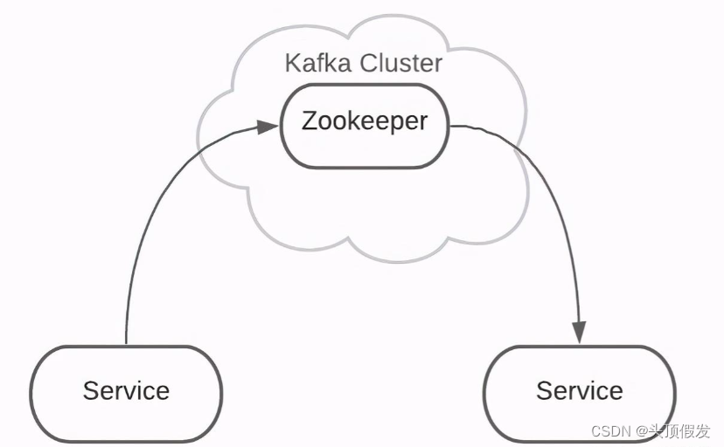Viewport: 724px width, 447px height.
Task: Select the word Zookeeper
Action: tap(364, 120)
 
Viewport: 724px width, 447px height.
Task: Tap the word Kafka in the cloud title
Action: tap(314, 64)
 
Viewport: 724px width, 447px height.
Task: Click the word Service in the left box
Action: tap(126, 390)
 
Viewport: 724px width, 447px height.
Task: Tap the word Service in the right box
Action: tap(579, 390)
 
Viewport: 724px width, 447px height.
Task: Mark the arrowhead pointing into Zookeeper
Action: tap(268, 127)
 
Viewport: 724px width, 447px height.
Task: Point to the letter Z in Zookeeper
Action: tap(309, 120)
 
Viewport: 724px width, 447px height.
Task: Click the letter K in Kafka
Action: tap(292, 64)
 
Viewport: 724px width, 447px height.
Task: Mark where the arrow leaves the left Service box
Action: tap(127, 344)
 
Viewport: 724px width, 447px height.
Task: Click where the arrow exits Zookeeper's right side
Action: tap(450, 127)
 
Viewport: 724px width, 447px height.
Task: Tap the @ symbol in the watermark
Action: tap(640, 431)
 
